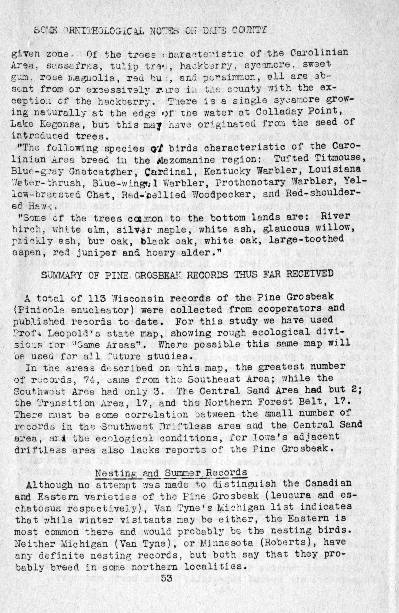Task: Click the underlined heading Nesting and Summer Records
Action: coord(171,472)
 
